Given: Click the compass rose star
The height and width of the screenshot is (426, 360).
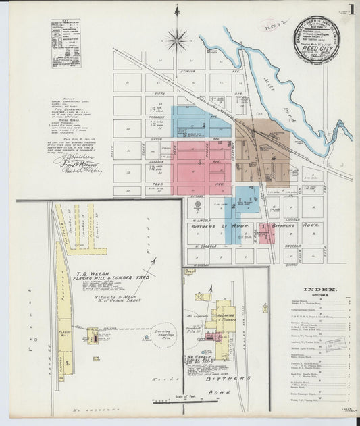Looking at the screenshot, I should (177, 38).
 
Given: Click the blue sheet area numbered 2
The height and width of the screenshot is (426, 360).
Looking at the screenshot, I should (203, 124).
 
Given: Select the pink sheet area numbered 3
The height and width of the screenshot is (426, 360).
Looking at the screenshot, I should (200, 163).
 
